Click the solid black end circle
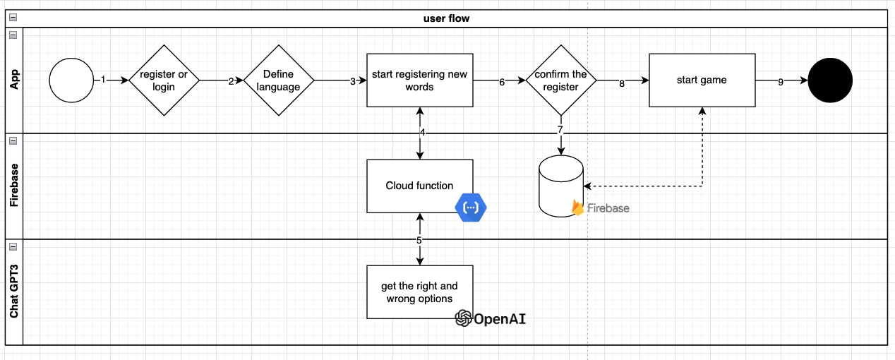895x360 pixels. point(830,80)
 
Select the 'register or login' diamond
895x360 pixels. point(164,80)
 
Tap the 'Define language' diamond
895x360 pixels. point(279,80)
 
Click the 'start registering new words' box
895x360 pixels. point(420,80)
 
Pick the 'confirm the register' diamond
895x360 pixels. point(561,80)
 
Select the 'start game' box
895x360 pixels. point(702,80)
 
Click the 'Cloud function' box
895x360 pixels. point(420,186)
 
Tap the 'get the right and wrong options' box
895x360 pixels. point(420,292)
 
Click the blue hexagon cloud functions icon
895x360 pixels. point(471,208)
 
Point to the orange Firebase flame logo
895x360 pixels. point(577,208)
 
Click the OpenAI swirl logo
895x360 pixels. point(464,318)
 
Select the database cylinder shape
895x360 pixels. point(561,186)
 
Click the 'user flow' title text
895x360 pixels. point(446,18)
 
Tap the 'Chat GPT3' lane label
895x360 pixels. point(14,292)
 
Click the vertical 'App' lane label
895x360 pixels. point(14,79)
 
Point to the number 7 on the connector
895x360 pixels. point(560,129)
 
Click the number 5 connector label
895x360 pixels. point(419,240)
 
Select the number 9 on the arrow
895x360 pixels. point(781,82)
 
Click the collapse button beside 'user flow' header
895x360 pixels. point(13,17)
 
